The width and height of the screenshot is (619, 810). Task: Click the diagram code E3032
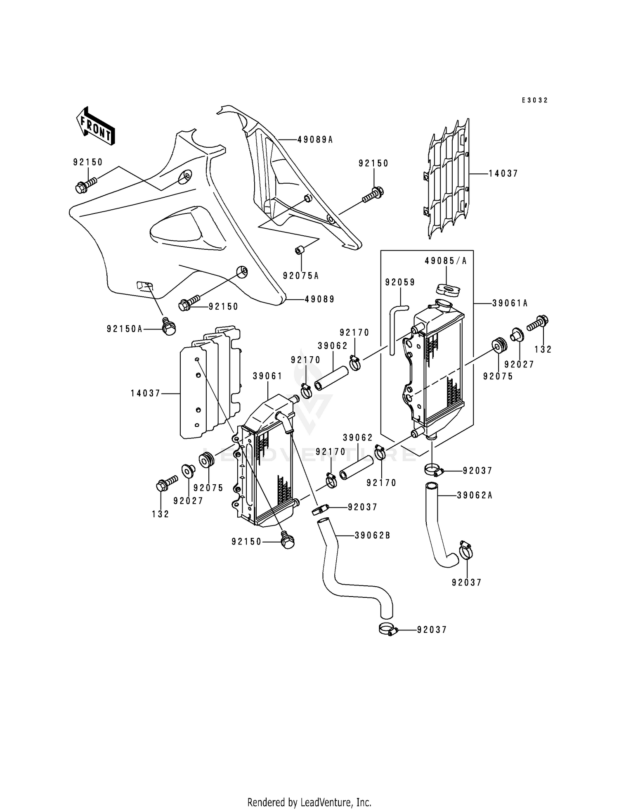tap(534, 100)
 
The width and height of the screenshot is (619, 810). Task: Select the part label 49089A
tap(315, 140)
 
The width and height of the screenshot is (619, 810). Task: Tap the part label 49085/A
tap(446, 261)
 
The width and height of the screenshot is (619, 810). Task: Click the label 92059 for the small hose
tap(400, 282)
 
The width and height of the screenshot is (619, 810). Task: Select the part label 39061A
tap(510, 303)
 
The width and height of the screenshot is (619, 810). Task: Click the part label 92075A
tap(301, 276)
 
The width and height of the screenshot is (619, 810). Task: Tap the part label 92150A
tap(124, 329)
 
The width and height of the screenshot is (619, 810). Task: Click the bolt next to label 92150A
tap(169, 327)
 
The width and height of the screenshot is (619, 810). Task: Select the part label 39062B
tap(372, 535)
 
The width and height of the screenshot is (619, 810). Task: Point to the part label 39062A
tap(475, 495)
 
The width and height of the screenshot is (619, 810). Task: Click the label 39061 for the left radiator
tap(267, 376)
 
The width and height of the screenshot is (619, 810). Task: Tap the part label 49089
tap(319, 299)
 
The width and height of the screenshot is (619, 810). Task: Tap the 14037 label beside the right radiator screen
tap(503, 174)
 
